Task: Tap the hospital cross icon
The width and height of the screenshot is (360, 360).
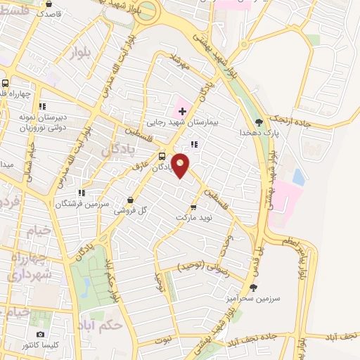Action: coord(182,111)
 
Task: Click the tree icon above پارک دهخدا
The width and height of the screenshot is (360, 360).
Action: coord(259,122)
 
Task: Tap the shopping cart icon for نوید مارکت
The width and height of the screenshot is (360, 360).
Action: coord(193,207)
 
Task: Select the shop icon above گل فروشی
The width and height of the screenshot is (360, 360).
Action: coord(131,200)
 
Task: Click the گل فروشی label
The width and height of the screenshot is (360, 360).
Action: coord(132,210)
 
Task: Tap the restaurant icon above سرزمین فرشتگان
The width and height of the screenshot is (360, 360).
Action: coord(82,192)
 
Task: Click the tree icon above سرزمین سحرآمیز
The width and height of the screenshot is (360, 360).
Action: coord(253,287)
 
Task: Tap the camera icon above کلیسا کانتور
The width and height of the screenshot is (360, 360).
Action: coord(40,335)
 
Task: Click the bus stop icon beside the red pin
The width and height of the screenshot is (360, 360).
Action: coord(162,156)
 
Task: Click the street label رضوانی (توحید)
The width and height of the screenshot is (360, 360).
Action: coord(200,266)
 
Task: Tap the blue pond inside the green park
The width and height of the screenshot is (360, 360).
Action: coord(86,285)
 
